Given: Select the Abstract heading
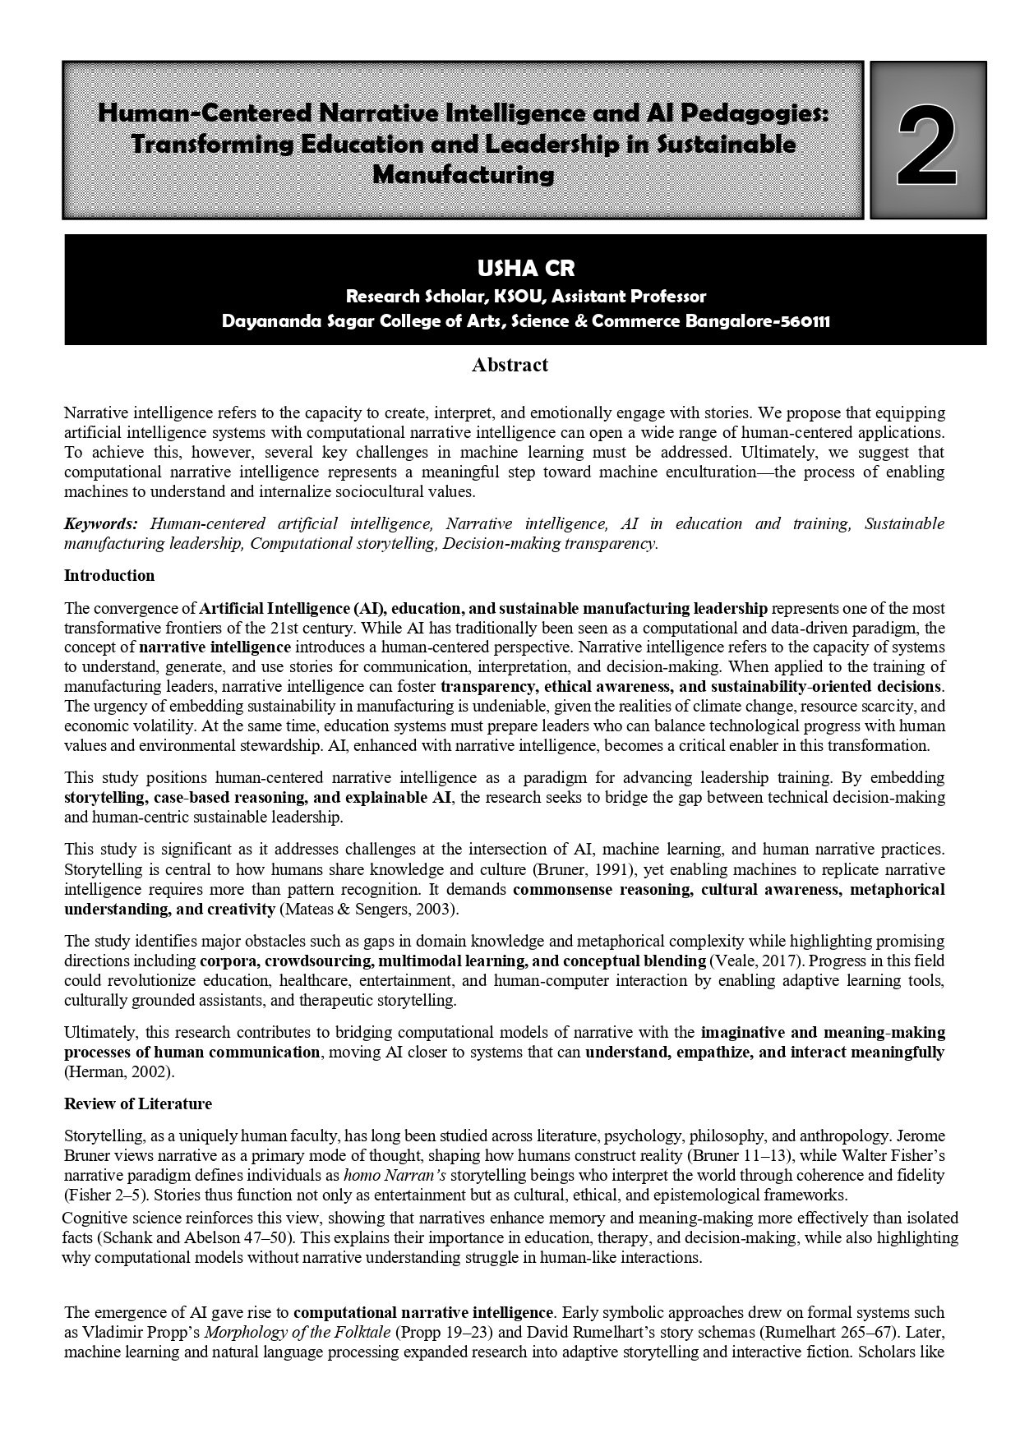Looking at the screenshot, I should click(510, 365).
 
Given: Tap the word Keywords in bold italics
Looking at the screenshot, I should click(100, 523).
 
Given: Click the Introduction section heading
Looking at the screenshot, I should click(109, 575).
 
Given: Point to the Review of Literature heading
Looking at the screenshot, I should click(138, 1103).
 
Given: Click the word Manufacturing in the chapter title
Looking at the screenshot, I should click(464, 174).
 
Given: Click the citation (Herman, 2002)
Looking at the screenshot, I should click(119, 1072).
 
